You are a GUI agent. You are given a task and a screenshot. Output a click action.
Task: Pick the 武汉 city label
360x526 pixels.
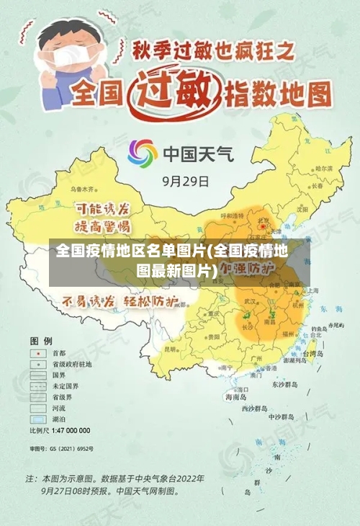coord(251,300)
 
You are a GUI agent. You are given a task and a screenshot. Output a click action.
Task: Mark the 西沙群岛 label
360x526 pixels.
coord(256,409)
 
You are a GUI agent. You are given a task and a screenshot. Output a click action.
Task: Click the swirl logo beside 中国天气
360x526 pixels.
coord(143,153)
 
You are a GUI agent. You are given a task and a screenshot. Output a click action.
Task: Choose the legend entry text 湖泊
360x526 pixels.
coord(59,419)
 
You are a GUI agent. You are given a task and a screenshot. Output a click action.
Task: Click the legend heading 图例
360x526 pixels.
coord(41,339)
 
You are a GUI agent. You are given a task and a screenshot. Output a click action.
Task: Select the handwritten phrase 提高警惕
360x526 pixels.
coord(102,226)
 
